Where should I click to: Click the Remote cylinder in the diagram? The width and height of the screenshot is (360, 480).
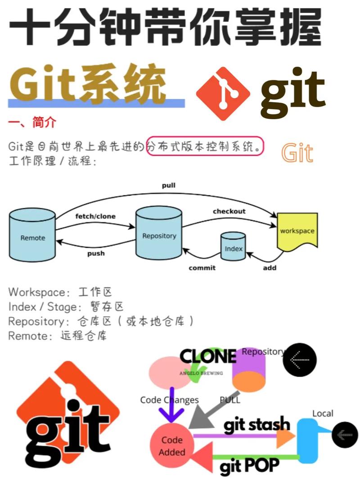tap(32, 237)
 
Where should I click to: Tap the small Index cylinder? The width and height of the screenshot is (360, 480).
tap(233, 247)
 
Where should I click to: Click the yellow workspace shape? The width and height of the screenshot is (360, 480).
tap(297, 231)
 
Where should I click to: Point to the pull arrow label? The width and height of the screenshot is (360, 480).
tap(169, 185)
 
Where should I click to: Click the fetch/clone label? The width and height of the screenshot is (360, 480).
tap(95, 216)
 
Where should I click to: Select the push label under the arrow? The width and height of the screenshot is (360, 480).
tap(96, 253)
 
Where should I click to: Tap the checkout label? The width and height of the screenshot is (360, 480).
tap(229, 211)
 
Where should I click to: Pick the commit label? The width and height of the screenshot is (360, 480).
tap(202, 268)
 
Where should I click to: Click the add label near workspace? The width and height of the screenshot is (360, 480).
tap(269, 268)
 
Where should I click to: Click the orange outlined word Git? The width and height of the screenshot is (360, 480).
tap(297, 153)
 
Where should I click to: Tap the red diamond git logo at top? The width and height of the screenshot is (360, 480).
tap(223, 94)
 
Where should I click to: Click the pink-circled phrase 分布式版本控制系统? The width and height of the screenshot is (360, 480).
tap(205, 146)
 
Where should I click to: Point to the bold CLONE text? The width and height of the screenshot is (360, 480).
tap(208, 356)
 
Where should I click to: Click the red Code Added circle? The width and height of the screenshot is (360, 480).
tap(171, 445)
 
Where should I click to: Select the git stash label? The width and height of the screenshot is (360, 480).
tap(256, 424)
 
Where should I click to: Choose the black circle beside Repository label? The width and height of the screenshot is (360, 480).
tap(299, 360)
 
